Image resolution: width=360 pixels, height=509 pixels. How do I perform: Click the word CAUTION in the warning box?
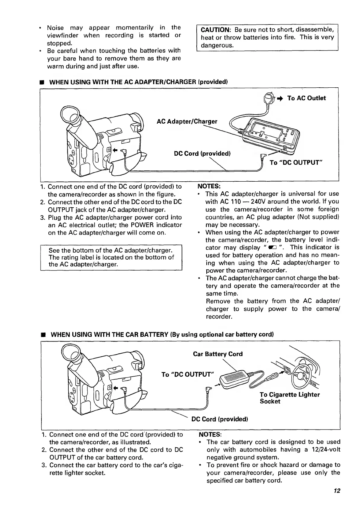tap(215, 30)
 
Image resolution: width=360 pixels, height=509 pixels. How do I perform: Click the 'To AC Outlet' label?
tap(306, 98)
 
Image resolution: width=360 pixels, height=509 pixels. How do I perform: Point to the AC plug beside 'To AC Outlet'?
tap(268, 98)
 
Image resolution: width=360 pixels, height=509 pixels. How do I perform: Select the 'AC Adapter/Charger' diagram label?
tap(187, 122)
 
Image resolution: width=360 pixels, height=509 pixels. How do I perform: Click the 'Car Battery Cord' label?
tap(218, 354)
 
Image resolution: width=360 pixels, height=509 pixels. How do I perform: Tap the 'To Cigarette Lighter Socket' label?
tap(290, 398)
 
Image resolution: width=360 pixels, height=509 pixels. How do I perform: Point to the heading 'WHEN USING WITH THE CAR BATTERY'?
tap(162, 335)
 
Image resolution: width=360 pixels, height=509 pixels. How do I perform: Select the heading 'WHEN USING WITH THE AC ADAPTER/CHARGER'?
tap(138, 82)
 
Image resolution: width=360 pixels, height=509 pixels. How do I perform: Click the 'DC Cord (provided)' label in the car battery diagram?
tap(220, 419)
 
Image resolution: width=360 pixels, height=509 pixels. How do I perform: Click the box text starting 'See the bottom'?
tap(111, 257)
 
